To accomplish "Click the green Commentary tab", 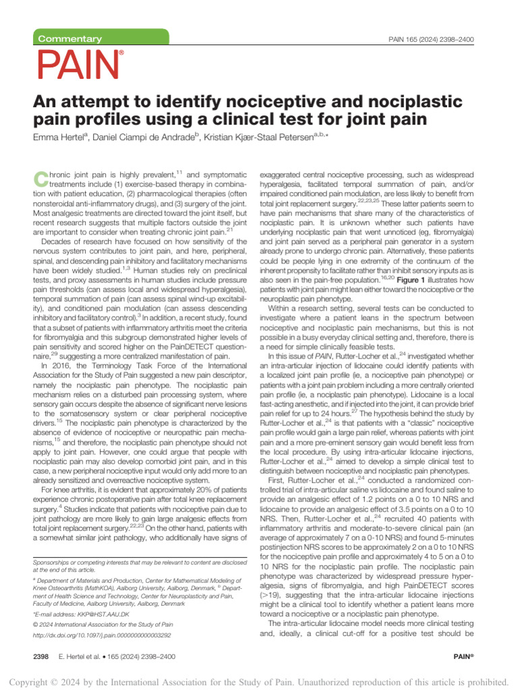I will click(70, 39).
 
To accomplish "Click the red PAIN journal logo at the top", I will click(80, 65).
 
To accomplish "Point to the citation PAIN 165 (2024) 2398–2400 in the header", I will click(432, 40).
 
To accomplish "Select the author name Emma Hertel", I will click(58, 137).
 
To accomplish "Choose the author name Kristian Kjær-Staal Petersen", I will click(272, 137).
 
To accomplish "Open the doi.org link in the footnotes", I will click(102, 635).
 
